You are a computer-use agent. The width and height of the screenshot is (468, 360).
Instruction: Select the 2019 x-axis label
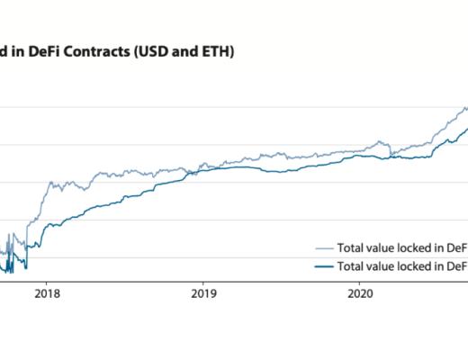204,292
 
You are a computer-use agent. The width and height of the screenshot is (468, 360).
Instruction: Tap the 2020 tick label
360,292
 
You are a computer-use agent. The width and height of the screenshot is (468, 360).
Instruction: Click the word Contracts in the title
97,52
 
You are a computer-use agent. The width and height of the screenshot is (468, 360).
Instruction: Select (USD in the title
152,52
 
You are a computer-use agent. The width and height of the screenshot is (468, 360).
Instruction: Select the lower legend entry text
401,266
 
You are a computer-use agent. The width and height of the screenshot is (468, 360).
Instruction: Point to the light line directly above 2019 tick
204,165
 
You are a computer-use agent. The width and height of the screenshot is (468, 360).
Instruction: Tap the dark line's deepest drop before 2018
26,267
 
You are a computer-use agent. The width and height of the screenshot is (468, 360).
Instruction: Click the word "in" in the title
22,52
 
